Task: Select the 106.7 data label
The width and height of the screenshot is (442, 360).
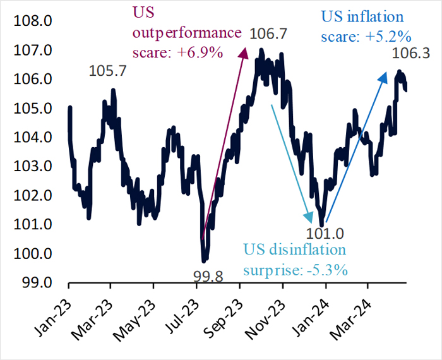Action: coord(270,33)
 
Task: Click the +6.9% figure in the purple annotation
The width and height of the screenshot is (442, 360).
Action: coord(202,52)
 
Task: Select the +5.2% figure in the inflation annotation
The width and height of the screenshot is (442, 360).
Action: coord(386,35)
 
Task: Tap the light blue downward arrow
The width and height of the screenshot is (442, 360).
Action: coord(290,158)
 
